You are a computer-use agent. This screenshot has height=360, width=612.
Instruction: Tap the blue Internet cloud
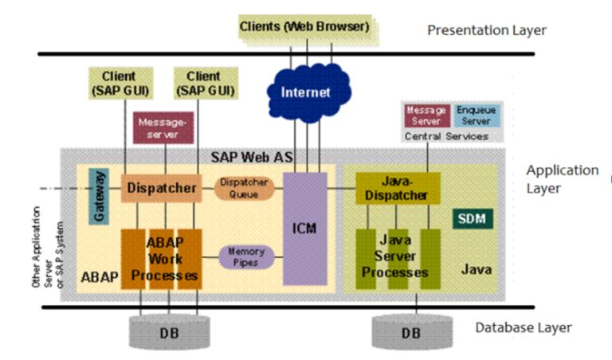[x=305, y=92]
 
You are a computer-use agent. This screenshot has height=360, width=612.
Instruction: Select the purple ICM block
[x=304, y=229]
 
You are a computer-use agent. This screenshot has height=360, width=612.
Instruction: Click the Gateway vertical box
[x=99, y=196]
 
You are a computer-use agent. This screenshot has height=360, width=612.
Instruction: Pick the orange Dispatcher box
[x=161, y=189]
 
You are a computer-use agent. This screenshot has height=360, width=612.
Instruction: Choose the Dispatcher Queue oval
[x=243, y=189]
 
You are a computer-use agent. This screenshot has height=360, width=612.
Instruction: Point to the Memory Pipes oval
[x=246, y=256]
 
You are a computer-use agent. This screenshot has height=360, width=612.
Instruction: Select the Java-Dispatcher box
[x=398, y=189]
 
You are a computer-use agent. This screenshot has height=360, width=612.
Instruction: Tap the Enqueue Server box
[x=477, y=115]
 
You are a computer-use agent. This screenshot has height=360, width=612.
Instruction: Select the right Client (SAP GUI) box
[x=203, y=84]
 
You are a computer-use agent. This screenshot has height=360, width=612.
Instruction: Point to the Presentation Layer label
[x=487, y=30]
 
